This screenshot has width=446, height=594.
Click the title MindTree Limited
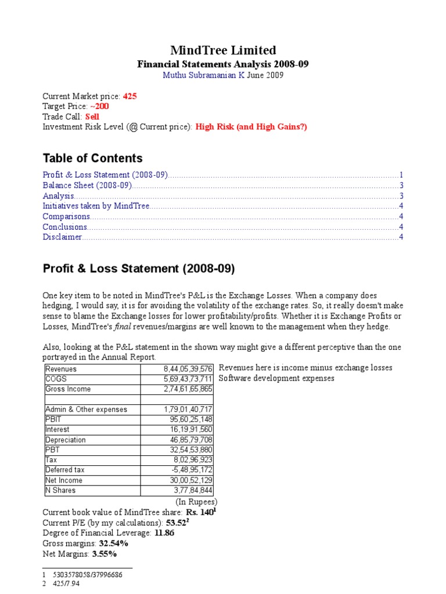coord(223,50)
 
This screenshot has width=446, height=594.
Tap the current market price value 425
coord(130,96)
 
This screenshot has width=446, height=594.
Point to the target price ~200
coord(99,106)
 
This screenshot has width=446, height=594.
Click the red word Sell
coord(92,117)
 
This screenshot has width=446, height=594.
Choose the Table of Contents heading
coord(92,158)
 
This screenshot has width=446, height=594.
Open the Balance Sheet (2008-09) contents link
coord(88,186)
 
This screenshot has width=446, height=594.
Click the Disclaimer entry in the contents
coord(62,237)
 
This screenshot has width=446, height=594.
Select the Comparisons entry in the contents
coord(66,216)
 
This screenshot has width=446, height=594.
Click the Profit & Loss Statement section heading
coord(139,269)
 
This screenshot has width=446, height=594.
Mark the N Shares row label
coord(60,491)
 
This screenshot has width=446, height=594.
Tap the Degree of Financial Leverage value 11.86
coord(164,533)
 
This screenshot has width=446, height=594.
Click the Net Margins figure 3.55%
coord(105,554)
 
